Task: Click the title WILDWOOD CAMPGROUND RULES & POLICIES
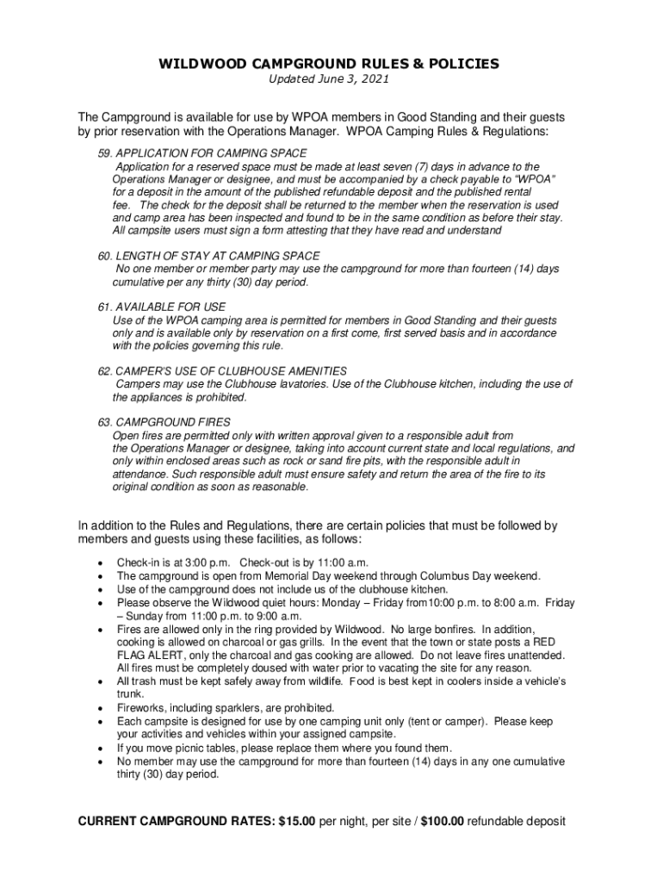coord(327,64)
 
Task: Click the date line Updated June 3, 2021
coord(327,79)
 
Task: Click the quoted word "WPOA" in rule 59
coord(536,179)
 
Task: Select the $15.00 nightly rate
coord(297,822)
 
